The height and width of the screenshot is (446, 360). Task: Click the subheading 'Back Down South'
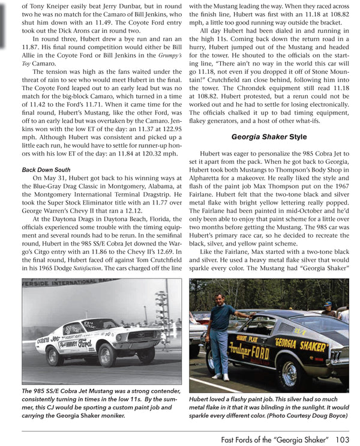46,170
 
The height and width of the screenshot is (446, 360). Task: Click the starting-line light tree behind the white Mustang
161,312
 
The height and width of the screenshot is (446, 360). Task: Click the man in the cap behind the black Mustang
328,308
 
